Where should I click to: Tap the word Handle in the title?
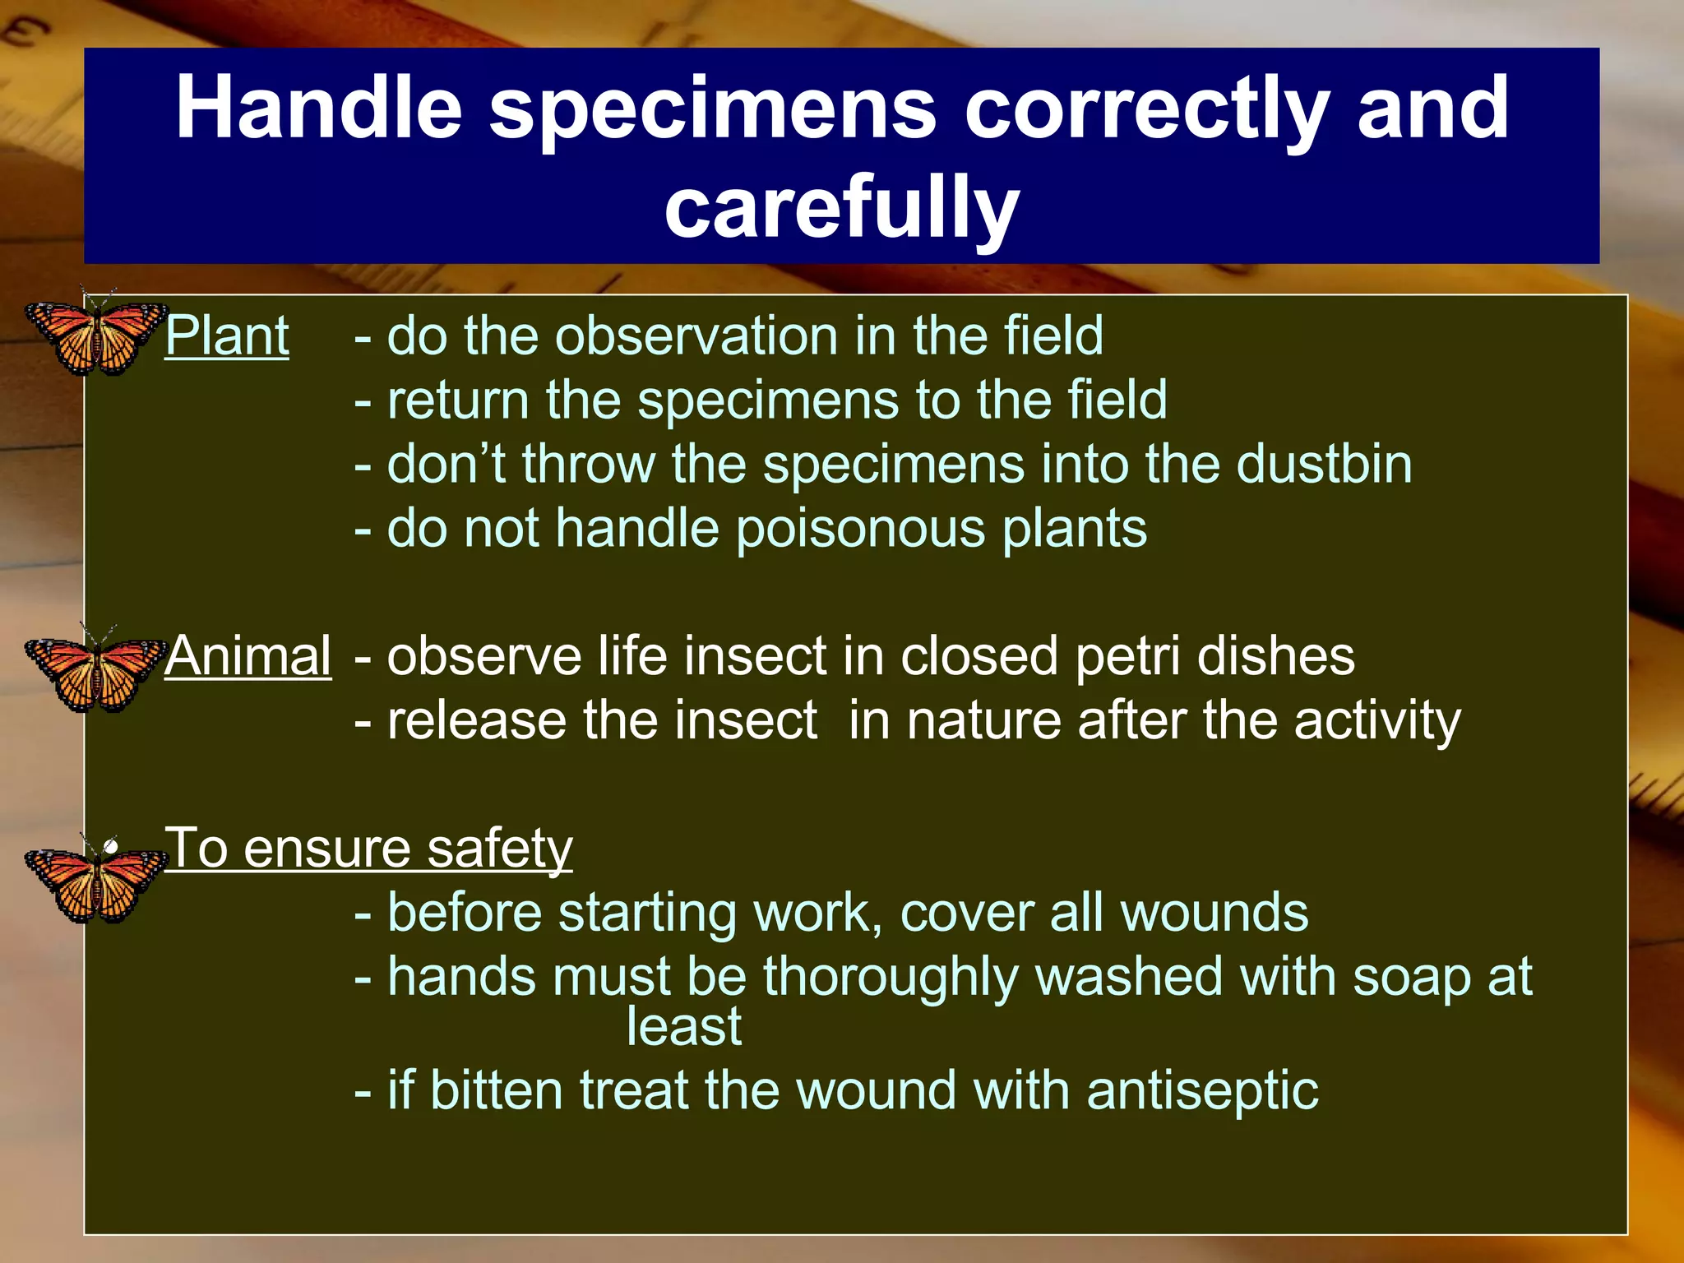point(319,108)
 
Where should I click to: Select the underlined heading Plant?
point(227,336)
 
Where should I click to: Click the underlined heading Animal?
point(248,657)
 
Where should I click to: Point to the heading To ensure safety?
point(368,849)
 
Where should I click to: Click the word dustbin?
point(1324,465)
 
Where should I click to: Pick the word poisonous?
point(860,529)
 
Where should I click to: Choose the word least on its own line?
point(683,1027)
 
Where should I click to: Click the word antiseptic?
point(1202,1091)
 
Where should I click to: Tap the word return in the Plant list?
point(458,400)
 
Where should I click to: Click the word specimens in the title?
point(712,108)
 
